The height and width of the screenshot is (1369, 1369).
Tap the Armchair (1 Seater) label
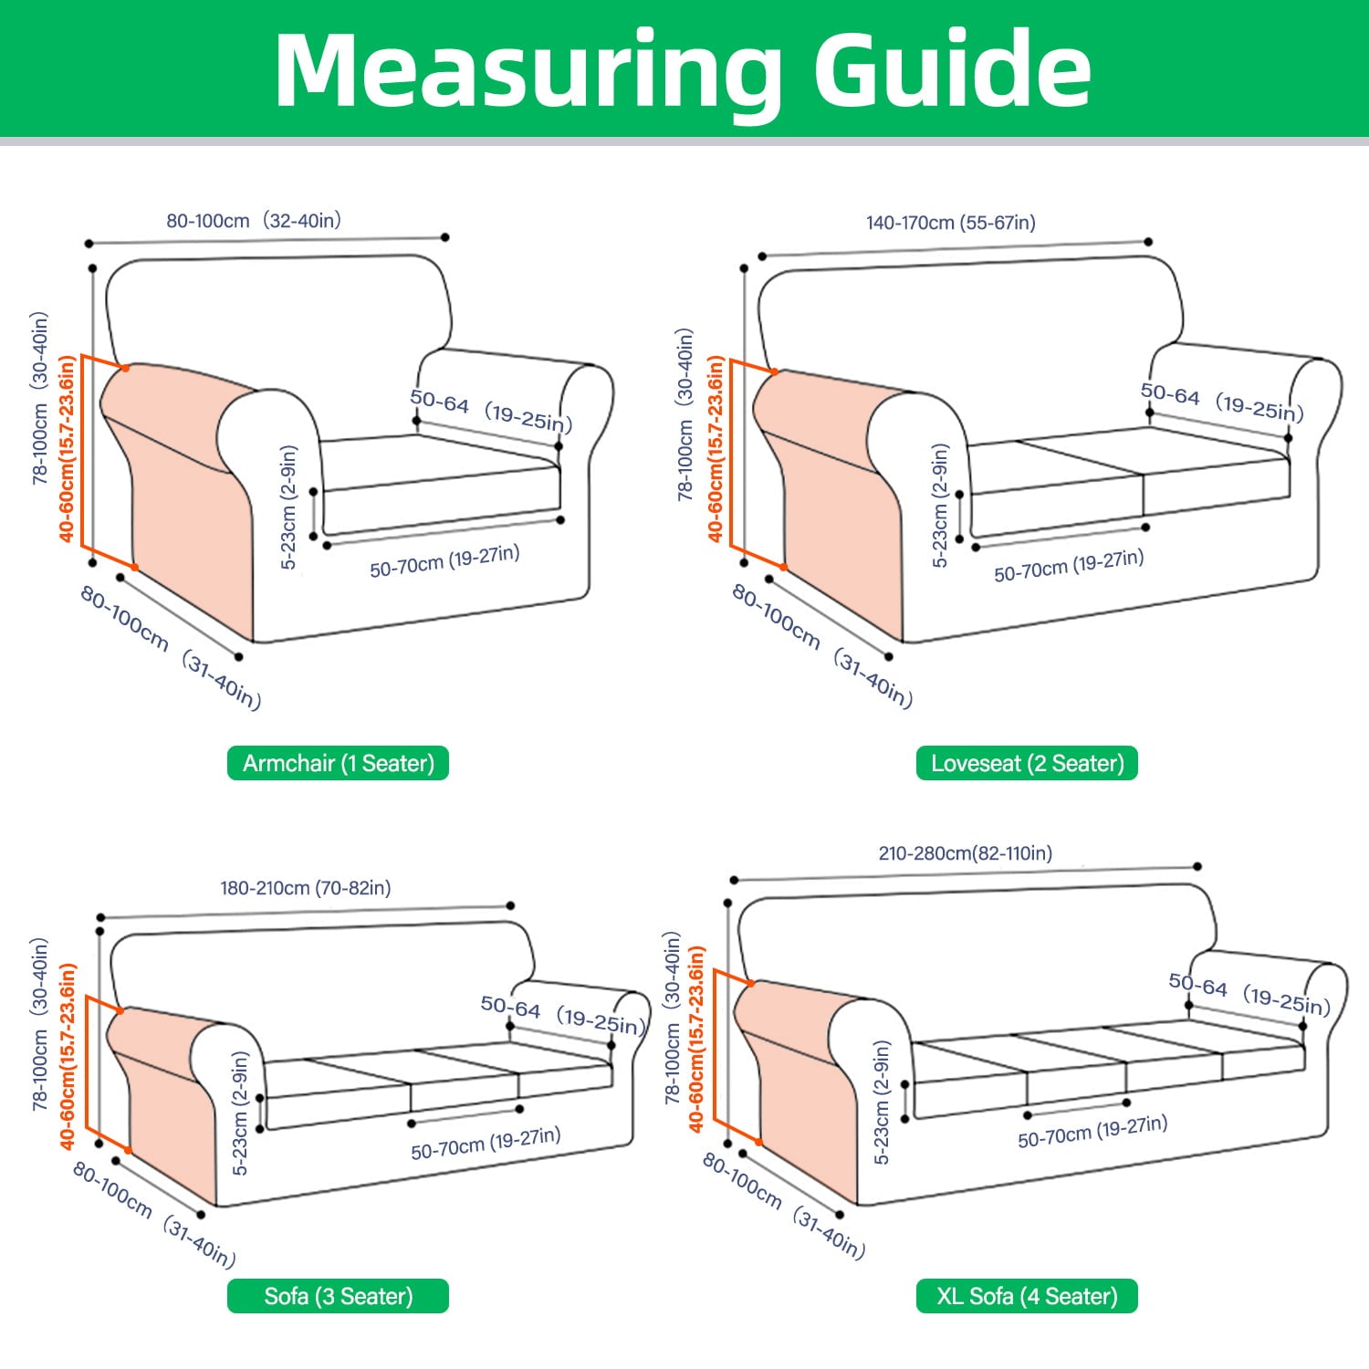pos(338,763)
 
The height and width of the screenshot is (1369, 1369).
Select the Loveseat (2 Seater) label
pos(1027,763)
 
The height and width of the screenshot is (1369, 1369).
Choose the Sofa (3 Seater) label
pos(338,1296)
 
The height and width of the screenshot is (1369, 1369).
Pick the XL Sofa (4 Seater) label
pos(1027,1296)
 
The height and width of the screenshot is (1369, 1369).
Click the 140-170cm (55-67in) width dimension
pos(951,223)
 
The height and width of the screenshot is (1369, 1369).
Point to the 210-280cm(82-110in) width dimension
pos(965,853)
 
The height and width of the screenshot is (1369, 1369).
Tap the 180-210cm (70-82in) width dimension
pos(306,888)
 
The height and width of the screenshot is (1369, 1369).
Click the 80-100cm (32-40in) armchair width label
pos(254,221)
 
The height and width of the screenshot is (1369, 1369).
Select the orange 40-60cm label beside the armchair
pos(67,448)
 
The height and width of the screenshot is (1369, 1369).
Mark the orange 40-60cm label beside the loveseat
pos(716,448)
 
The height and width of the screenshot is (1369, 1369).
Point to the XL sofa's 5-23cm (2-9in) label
pos(882,1103)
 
